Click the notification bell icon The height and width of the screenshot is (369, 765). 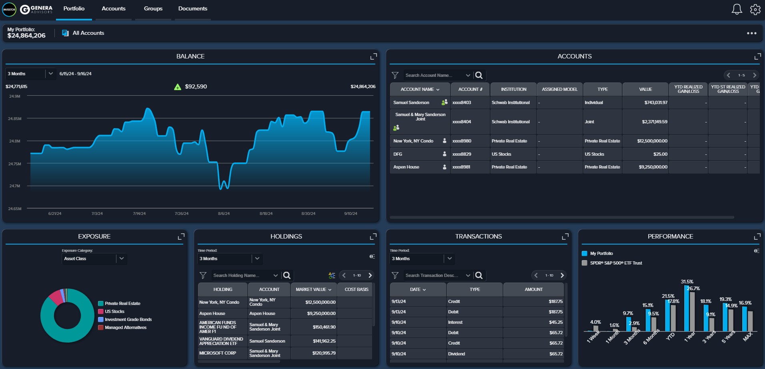[x=737, y=9]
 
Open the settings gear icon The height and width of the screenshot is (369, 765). [x=755, y=9]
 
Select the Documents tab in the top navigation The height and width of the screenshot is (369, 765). [x=192, y=8]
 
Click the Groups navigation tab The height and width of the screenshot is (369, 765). [x=153, y=8]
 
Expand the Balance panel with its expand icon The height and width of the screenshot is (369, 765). [x=373, y=56]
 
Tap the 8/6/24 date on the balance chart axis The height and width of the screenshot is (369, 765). [x=224, y=214]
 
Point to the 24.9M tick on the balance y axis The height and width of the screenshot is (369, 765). [x=15, y=96]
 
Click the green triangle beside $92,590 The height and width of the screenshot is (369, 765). [x=178, y=87]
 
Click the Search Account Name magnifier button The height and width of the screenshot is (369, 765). [x=479, y=75]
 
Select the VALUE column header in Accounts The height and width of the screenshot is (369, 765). [x=645, y=89]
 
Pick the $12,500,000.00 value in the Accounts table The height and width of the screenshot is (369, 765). [x=652, y=141]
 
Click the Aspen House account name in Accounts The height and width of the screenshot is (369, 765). [x=406, y=167]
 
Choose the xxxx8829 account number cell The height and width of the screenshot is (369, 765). [x=462, y=154]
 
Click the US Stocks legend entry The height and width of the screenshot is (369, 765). [x=114, y=311]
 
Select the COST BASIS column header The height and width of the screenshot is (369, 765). [x=356, y=289]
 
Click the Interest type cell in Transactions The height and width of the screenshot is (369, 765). [x=455, y=322]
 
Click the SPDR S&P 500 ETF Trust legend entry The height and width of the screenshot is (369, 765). [x=616, y=263]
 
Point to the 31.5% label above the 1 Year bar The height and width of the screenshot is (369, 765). [x=687, y=282]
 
